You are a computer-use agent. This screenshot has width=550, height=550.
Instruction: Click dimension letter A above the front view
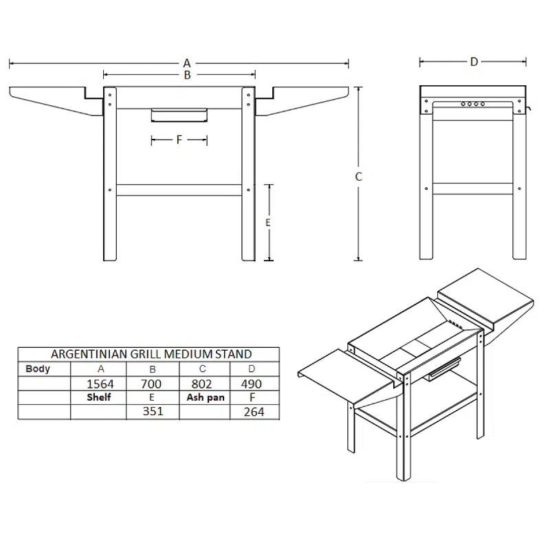click(x=187, y=63)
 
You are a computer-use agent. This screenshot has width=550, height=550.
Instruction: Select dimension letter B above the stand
click(x=187, y=75)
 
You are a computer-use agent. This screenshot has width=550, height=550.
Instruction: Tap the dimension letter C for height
click(x=358, y=177)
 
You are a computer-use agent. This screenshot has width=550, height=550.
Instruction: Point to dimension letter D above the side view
click(x=474, y=62)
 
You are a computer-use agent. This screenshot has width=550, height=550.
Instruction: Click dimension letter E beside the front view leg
click(x=268, y=222)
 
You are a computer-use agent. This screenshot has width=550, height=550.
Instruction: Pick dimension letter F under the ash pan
click(x=179, y=140)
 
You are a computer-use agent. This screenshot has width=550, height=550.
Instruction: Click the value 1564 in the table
click(x=100, y=384)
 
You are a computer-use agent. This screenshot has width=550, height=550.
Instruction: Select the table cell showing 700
click(x=151, y=384)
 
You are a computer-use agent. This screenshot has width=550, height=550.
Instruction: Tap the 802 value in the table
click(x=201, y=384)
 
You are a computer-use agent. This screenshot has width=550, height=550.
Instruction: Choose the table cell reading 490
click(x=252, y=384)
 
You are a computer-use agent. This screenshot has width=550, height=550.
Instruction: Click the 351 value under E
click(x=153, y=411)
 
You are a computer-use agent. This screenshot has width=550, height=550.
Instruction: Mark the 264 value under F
click(x=254, y=412)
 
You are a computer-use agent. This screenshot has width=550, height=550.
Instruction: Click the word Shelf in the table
click(x=99, y=397)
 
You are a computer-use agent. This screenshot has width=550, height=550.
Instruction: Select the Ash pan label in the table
click(x=206, y=398)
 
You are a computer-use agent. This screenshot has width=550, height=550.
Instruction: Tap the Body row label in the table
click(x=38, y=369)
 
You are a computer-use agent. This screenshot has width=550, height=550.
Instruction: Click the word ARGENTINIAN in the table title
click(x=90, y=354)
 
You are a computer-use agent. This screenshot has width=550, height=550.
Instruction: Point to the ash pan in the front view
click(x=179, y=115)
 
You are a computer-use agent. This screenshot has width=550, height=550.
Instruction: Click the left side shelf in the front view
click(x=56, y=101)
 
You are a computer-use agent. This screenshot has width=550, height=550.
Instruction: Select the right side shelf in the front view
click(x=302, y=101)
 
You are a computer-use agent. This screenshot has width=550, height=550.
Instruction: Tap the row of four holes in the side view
click(x=473, y=104)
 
